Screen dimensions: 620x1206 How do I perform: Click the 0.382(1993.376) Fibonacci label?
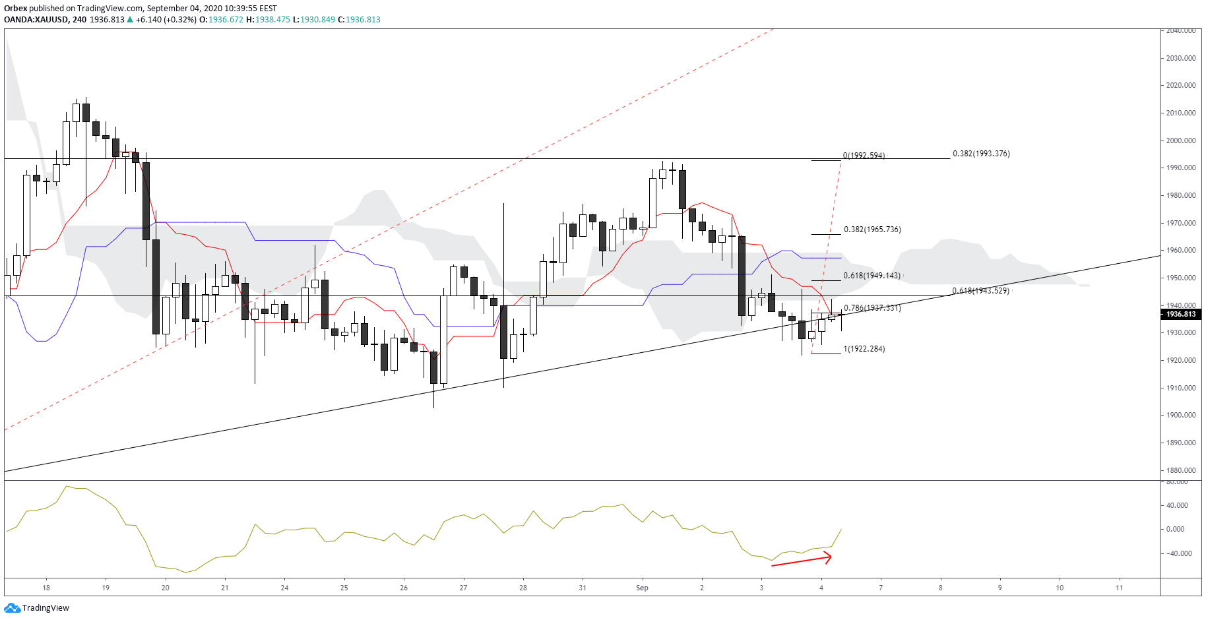click(x=981, y=154)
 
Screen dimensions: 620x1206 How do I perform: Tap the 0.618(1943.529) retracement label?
click(x=980, y=291)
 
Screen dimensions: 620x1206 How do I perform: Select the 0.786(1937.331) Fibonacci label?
click(x=872, y=308)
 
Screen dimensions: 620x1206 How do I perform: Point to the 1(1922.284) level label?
click(x=864, y=349)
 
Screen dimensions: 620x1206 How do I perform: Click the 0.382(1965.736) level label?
click(x=872, y=230)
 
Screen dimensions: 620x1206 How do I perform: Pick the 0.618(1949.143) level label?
click(x=872, y=276)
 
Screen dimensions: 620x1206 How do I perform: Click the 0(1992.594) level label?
click(x=864, y=156)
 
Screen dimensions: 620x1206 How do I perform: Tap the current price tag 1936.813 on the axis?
click(x=1181, y=314)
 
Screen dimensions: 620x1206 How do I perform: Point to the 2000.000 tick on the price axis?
click(x=1181, y=140)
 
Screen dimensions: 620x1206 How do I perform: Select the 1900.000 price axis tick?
click(x=1181, y=415)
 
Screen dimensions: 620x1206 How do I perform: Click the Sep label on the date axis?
click(x=642, y=588)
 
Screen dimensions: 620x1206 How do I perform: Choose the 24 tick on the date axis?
click(x=284, y=588)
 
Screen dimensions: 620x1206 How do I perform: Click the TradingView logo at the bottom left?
click(x=37, y=607)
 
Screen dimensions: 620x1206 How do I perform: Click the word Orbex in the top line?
click(x=15, y=9)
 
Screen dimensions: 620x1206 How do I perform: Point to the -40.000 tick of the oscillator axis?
click(x=1179, y=553)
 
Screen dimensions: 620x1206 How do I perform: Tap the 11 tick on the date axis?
click(x=1119, y=588)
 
